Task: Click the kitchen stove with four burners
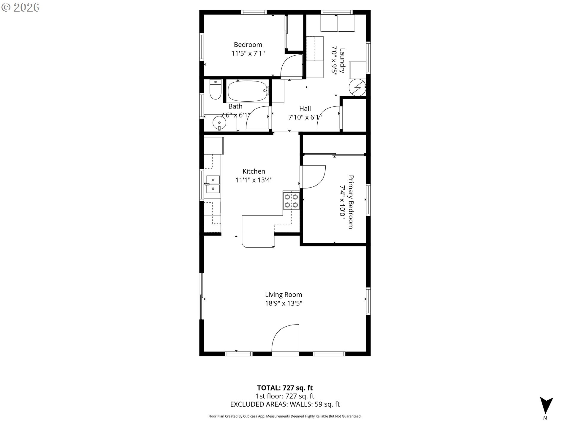pyautogui.click(x=291, y=201)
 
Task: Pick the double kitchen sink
pyautogui.click(x=213, y=184)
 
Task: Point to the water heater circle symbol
pyautogui.click(x=357, y=88)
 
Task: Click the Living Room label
pyautogui.click(x=284, y=295)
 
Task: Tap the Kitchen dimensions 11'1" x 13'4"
pyautogui.click(x=254, y=180)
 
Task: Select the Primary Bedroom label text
pyautogui.click(x=351, y=202)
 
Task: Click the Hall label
pyautogui.click(x=305, y=108)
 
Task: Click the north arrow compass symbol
pyautogui.click(x=546, y=405)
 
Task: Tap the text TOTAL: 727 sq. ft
pyautogui.click(x=285, y=388)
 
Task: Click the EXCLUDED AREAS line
pyautogui.click(x=285, y=404)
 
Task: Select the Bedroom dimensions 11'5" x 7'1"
pyautogui.click(x=248, y=53)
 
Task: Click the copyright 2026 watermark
pyautogui.click(x=20, y=7)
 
